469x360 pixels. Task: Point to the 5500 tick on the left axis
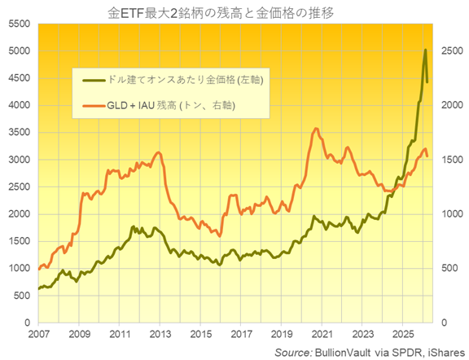tap(15, 24)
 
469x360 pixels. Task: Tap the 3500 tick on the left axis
tap(15, 133)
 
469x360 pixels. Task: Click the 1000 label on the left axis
tap(15, 269)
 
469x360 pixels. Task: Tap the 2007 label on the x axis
tap(38, 334)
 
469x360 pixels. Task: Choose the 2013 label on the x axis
tap(160, 334)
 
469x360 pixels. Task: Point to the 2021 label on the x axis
tap(322, 334)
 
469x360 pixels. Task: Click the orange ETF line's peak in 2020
tap(316, 129)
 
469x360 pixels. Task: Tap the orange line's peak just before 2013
tap(157, 152)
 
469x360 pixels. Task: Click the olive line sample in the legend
tap(96, 79)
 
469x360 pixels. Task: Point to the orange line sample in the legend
tap(96, 105)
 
